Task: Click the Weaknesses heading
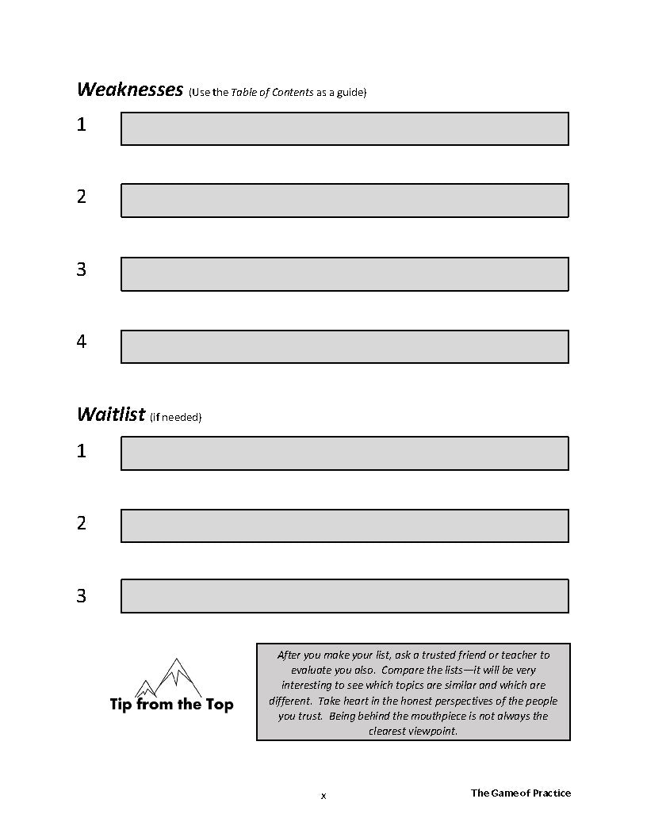tap(130, 90)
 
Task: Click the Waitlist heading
tap(111, 414)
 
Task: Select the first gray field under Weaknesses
tap(344, 128)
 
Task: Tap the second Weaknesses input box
tap(344, 201)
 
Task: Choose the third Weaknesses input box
tap(344, 273)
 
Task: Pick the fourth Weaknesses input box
tap(344, 346)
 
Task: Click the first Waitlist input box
tap(344, 453)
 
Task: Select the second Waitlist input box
tap(344, 526)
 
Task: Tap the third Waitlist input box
tap(344, 596)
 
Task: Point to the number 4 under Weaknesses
tap(81, 342)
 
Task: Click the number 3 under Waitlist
tap(81, 596)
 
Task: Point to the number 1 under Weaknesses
tap(81, 124)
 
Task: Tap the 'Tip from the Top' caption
tap(171, 704)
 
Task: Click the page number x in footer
tap(323, 796)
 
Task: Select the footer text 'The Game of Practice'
tap(520, 793)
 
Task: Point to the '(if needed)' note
tap(175, 417)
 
